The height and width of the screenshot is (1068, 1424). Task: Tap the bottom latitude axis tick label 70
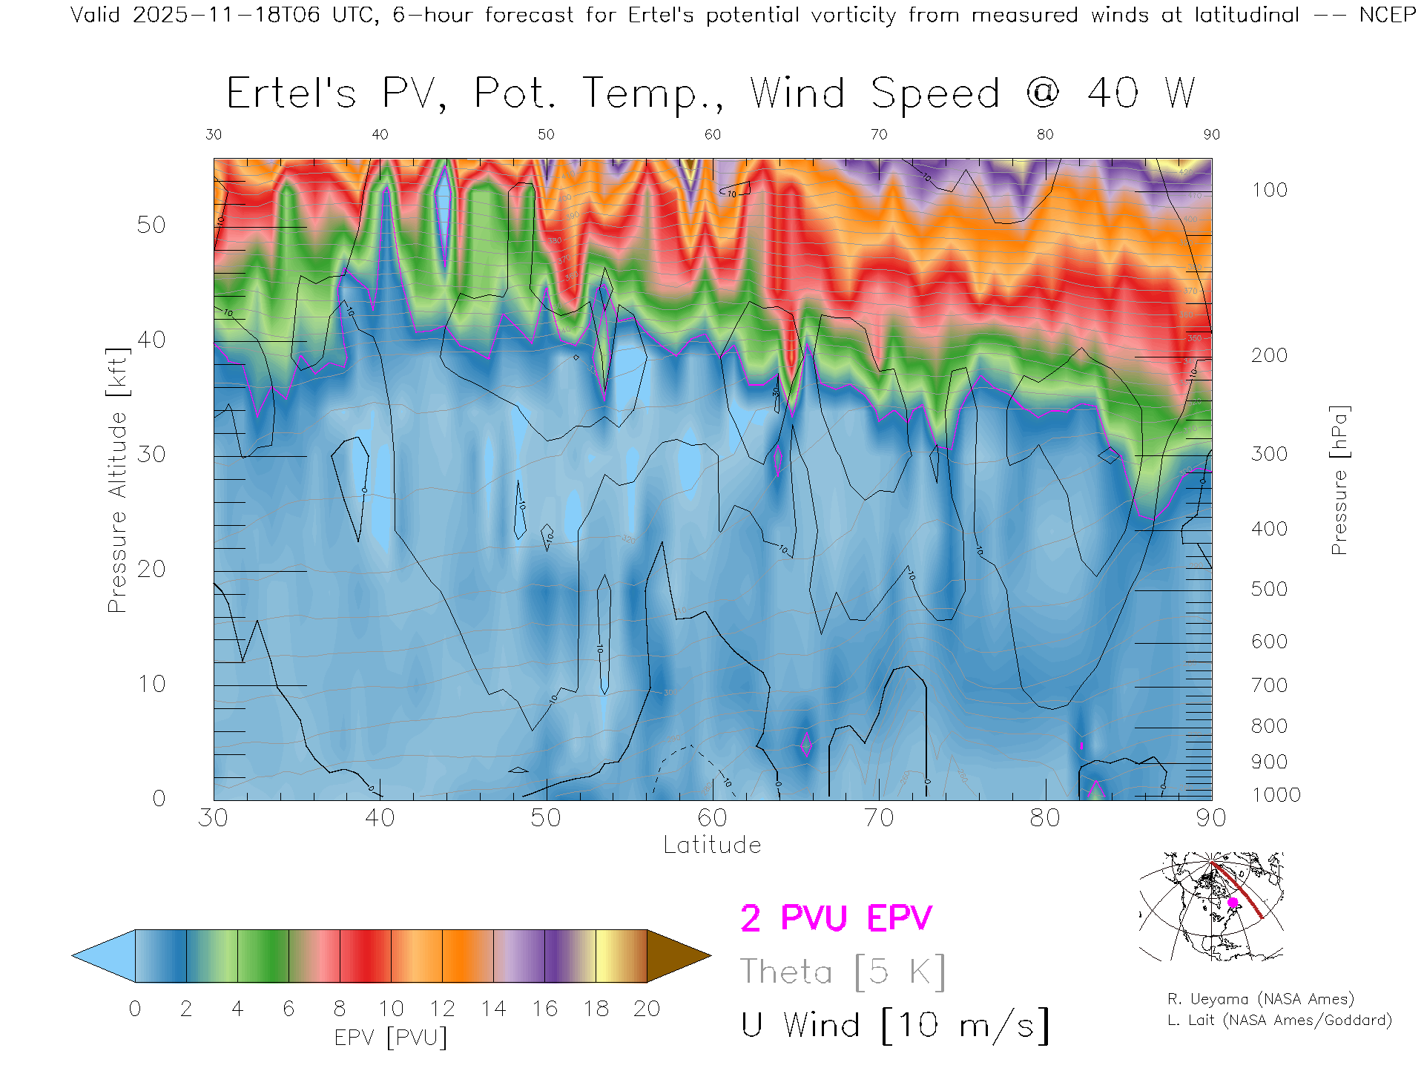(878, 817)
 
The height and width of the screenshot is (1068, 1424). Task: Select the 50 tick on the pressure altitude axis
(151, 225)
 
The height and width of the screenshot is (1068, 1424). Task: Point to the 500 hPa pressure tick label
(1269, 589)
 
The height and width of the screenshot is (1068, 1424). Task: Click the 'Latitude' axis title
(712, 845)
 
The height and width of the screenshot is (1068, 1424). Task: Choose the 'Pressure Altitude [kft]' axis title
(117, 480)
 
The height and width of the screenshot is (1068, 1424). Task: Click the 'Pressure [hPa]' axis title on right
(1339, 480)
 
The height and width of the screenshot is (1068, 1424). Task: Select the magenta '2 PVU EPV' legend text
(836, 918)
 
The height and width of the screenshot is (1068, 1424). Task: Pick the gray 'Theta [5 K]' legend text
(843, 972)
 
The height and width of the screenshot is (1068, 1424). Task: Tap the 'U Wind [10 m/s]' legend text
(894, 1025)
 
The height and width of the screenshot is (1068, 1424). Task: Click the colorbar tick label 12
(442, 1009)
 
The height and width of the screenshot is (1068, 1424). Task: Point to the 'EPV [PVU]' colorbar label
(391, 1038)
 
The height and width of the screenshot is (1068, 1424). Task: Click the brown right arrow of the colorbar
(676, 956)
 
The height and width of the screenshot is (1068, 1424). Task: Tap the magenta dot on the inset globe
(1233, 903)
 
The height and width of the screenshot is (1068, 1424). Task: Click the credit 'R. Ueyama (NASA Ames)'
(1260, 999)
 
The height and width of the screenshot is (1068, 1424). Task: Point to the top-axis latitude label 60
(712, 134)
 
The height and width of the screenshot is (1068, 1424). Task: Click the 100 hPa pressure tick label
(1269, 190)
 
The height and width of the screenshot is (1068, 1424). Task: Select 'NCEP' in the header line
(1387, 15)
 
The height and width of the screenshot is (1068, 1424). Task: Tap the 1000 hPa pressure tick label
(1276, 795)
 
